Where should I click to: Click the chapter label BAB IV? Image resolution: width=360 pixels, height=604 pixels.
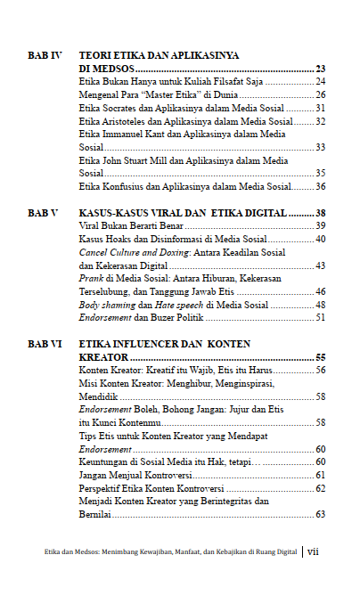44,55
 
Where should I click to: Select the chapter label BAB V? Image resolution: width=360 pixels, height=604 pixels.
44,214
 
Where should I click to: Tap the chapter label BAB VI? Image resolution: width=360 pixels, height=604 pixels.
44,343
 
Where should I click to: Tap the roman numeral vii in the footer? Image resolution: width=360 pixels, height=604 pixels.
314,551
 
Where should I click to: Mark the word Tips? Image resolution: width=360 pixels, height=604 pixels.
87,437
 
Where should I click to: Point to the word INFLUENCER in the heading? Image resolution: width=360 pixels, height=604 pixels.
155,343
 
